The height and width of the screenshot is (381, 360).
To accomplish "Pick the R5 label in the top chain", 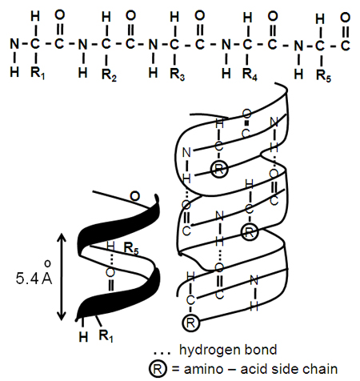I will [x=322, y=78].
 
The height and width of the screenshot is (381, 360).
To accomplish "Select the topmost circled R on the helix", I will [x=219, y=168].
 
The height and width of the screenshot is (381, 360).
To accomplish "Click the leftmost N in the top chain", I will [x=14, y=43].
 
